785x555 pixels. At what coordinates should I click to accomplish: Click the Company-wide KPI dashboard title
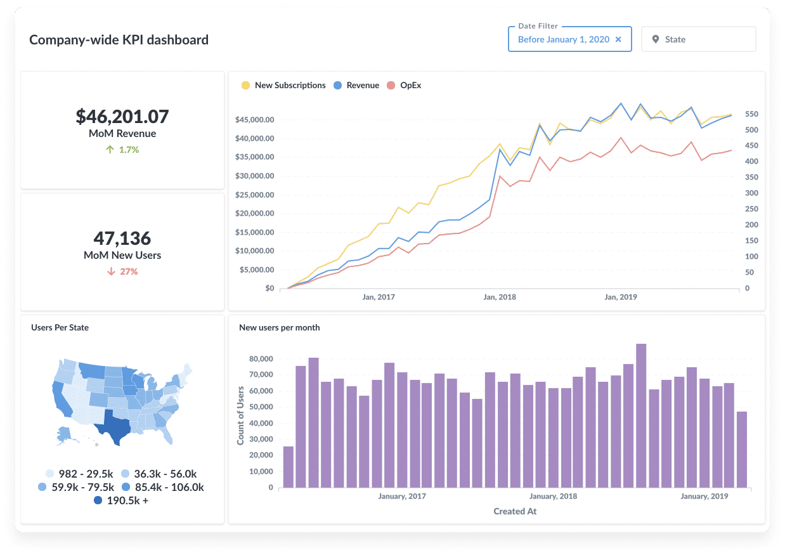coord(119,39)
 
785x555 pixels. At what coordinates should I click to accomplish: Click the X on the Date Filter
coord(618,39)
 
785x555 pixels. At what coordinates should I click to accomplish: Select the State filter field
coord(698,39)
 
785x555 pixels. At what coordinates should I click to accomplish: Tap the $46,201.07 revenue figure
coord(122,117)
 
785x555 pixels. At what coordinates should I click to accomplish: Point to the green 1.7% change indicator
coord(122,150)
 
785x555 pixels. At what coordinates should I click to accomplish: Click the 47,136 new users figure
coord(122,238)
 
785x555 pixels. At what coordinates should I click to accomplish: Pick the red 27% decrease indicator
coord(122,271)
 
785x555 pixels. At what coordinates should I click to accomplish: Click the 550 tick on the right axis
coord(751,114)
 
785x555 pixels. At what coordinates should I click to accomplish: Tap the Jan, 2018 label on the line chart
coord(499,297)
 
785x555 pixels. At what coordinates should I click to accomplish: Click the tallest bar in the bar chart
coord(641,415)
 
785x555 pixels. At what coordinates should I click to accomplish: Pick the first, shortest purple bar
coord(289,467)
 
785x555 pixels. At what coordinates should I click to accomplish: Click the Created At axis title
coord(515,511)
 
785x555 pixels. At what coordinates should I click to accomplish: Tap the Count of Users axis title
coord(241,415)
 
